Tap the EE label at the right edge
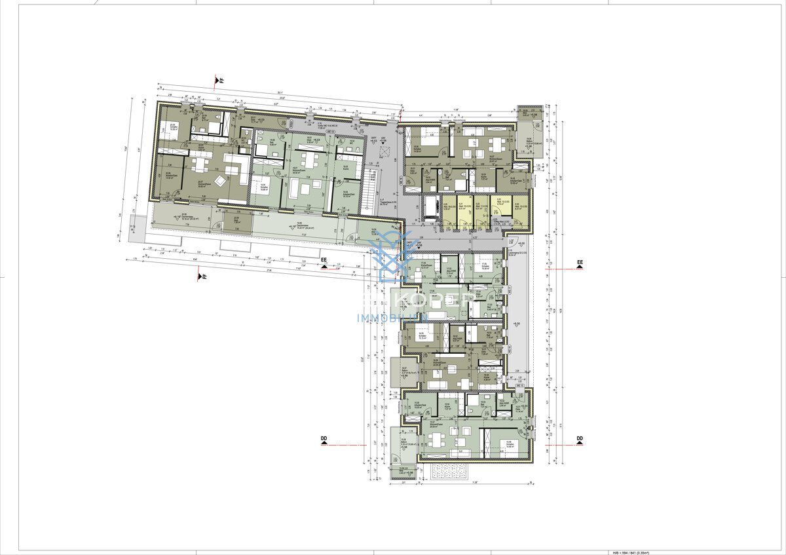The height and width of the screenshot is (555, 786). tap(579, 263)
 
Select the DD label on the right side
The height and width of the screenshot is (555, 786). tap(579, 439)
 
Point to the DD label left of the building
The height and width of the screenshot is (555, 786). tap(324, 439)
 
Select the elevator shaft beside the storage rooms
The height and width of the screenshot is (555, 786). tap(432, 208)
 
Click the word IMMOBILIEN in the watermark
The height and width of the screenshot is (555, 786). tap(392, 318)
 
